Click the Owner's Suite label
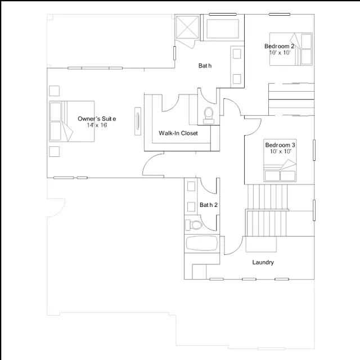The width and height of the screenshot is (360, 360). (x=97, y=119)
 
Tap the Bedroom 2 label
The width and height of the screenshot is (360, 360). (x=279, y=46)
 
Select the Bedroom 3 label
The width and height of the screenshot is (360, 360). (x=280, y=145)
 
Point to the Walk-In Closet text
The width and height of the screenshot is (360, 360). (x=178, y=133)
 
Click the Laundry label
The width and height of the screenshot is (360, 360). (x=263, y=263)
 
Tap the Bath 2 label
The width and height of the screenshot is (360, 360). (x=209, y=205)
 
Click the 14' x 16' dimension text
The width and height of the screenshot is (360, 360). (x=97, y=125)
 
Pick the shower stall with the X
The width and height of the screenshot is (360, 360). (x=187, y=27)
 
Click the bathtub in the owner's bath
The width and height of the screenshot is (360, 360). (x=223, y=29)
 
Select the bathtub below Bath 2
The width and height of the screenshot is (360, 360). (x=201, y=243)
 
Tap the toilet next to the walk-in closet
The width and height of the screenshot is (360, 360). (x=209, y=115)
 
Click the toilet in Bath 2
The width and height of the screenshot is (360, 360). (x=193, y=224)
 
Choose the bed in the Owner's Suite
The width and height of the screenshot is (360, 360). (x=71, y=121)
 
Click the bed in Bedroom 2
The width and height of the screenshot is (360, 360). (x=291, y=49)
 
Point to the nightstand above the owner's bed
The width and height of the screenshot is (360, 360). (x=54, y=91)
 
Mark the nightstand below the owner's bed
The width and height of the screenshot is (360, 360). (x=54, y=151)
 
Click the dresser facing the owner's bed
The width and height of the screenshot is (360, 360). (x=138, y=121)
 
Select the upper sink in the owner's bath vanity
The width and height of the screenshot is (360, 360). (x=237, y=54)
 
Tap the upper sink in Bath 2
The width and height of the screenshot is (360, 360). (x=191, y=186)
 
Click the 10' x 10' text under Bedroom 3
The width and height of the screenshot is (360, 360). (x=281, y=151)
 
